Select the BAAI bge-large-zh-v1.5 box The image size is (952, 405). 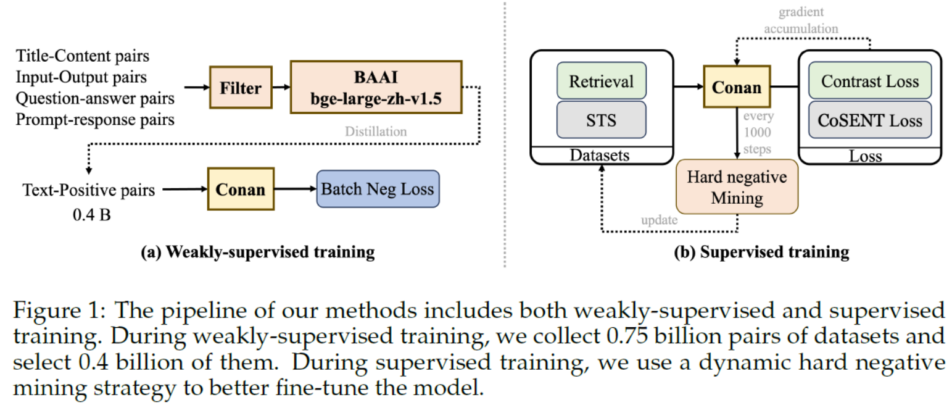pos(375,87)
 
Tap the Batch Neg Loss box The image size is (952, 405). pos(378,188)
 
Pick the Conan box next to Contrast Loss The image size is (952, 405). pos(736,88)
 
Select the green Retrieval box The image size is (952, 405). pos(602,81)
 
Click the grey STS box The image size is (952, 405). pos(602,120)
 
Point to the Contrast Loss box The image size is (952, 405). pos(871,81)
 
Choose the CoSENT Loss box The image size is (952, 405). pos(871,120)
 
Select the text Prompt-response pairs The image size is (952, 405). pos(94,120)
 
